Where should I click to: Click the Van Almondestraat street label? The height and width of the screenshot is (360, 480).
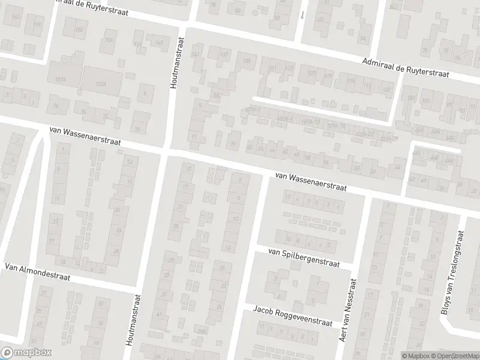[x=37, y=272]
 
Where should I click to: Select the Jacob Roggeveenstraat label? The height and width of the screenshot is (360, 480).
[x=292, y=316]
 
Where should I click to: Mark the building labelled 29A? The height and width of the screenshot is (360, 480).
[x=202, y=331]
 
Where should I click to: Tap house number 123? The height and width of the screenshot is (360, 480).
[x=311, y=73]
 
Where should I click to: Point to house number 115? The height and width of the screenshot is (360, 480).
[x=350, y=82]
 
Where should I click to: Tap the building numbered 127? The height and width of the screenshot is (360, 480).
[x=289, y=69]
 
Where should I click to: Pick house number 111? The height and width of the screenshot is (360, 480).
[x=366, y=85]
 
